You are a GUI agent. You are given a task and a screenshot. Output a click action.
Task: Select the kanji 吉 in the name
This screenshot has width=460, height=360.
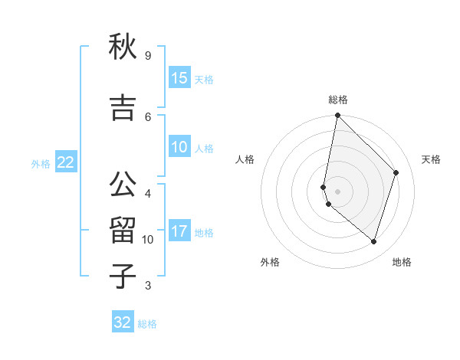pos(123,108)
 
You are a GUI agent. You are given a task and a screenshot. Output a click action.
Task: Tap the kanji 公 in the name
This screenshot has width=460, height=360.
pos(123,185)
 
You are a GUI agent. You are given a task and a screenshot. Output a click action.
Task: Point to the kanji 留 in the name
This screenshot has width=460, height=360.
pos(123,231)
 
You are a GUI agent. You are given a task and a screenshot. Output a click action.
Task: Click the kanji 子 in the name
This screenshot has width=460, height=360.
pos(123,277)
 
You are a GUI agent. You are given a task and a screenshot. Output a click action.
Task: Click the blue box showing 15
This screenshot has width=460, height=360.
pos(179,78)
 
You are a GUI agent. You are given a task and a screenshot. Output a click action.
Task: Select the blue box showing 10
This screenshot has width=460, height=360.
pos(179,147)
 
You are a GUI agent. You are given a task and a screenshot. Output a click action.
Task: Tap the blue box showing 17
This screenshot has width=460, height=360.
pos(179,231)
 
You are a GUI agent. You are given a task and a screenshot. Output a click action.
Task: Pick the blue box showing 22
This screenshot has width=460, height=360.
pos(66,162)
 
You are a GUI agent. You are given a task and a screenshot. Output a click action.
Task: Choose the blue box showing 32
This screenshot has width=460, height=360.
pos(123,322)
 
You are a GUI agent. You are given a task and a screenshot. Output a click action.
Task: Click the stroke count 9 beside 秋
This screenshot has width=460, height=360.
pos(147,56)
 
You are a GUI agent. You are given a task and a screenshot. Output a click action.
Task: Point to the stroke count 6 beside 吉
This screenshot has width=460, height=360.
pos(147,116)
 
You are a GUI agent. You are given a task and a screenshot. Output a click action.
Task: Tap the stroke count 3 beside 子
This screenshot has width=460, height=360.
pos(147,286)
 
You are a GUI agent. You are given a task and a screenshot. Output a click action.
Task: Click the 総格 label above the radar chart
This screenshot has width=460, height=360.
pos(338,100)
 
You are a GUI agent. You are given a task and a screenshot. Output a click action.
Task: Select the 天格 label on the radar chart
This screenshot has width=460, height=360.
pos(431,159)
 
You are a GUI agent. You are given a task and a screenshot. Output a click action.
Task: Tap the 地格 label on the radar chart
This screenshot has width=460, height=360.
pos(402,262)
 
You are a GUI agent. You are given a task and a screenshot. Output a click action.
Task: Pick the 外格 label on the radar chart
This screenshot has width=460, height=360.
pos(270,262)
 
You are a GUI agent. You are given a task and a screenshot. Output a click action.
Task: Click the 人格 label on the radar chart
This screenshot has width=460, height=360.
pos(245,159)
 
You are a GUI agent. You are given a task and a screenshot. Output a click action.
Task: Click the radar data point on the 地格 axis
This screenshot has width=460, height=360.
pos(373,241)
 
